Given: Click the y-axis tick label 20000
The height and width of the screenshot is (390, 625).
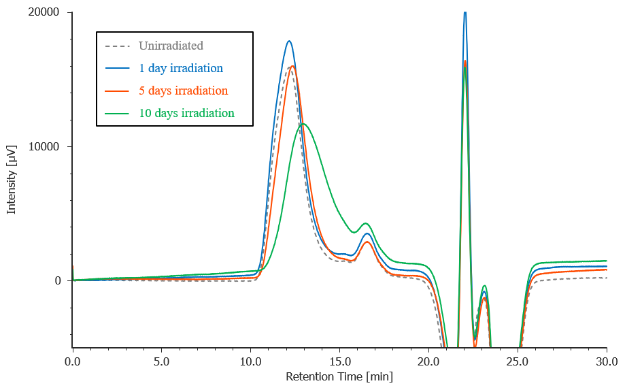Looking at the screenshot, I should pyautogui.click(x=45, y=12).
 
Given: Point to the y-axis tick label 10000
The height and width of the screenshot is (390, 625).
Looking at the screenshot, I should pyautogui.click(x=45, y=146).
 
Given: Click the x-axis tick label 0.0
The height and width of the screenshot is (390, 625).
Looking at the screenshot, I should pyautogui.click(x=73, y=361).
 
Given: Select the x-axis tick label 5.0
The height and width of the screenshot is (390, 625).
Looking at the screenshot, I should pyautogui.click(x=162, y=361).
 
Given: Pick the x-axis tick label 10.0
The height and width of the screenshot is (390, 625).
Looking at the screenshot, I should pyautogui.click(x=251, y=361).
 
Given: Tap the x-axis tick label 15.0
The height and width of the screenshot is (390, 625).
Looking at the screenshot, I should pyautogui.click(x=339, y=361).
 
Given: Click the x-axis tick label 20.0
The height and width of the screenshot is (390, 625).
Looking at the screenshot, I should pyautogui.click(x=428, y=361).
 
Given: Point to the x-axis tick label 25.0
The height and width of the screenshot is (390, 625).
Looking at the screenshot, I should pyautogui.click(x=518, y=361).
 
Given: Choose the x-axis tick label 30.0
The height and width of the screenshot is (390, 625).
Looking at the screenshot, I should pyautogui.click(x=606, y=361).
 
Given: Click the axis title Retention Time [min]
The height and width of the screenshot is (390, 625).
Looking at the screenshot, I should pyautogui.click(x=339, y=376).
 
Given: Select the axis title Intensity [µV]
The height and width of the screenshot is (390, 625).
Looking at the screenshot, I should pyautogui.click(x=12, y=179).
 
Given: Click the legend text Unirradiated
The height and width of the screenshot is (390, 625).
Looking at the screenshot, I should pyautogui.click(x=171, y=46).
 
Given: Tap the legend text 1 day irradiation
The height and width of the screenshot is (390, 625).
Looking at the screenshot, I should pyautogui.click(x=181, y=68).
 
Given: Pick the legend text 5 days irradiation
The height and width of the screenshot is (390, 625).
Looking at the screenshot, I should pyautogui.click(x=183, y=91).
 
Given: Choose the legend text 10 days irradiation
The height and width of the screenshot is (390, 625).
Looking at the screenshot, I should pyautogui.click(x=186, y=113).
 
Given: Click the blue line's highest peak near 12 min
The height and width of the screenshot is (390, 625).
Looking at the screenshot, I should pyautogui.click(x=289, y=41).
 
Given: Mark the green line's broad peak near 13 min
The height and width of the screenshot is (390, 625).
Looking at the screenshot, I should pyautogui.click(x=303, y=123).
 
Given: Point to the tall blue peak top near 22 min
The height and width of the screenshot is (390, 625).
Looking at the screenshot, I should pyautogui.click(x=465, y=13).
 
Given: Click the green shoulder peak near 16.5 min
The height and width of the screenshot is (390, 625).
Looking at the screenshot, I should pyautogui.click(x=367, y=223).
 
